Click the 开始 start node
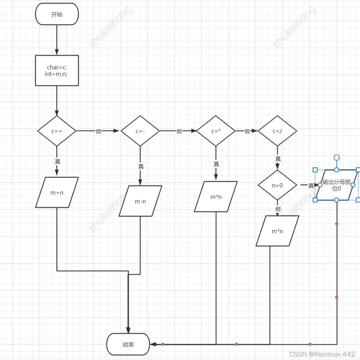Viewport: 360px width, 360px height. (57, 14)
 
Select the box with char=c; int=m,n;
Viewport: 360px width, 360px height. (57, 70)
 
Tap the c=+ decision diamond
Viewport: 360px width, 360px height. (57, 131)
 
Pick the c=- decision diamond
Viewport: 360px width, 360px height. (140, 131)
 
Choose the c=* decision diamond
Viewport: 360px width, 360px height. (216, 131)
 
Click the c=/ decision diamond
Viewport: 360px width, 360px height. (277, 131)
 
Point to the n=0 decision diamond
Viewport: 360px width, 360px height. (277, 185)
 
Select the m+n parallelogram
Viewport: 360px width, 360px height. (57, 192)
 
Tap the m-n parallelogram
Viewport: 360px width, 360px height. (140, 201)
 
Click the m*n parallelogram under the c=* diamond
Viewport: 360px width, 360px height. (216, 196)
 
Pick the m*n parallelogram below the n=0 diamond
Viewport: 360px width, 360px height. (277, 231)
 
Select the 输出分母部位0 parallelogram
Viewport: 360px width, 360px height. (337, 185)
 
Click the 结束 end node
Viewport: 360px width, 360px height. (128, 344)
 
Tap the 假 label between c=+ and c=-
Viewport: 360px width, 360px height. (99, 131)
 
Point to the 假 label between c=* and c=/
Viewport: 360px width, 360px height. (247, 131)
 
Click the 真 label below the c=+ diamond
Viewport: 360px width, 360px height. (57, 161)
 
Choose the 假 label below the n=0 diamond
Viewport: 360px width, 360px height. (278, 209)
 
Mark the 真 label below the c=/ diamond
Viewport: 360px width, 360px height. (278, 159)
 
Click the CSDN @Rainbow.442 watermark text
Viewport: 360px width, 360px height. (322, 354)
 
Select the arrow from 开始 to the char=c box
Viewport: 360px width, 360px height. (57, 40)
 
